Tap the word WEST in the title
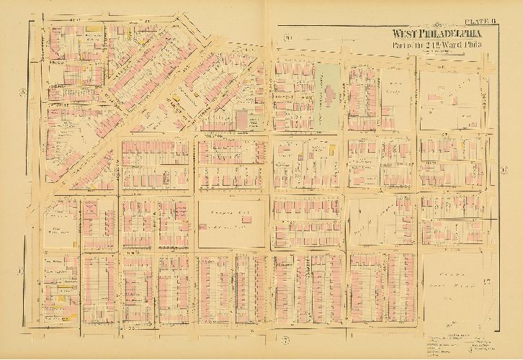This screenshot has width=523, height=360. click(406, 34)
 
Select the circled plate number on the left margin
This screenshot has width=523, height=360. click(23, 91)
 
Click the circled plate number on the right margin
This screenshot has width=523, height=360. click(504, 170)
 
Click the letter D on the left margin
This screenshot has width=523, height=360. click(20, 271)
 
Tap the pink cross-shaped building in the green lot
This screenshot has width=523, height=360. click(328, 94)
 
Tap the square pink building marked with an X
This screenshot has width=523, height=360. click(91, 210)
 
